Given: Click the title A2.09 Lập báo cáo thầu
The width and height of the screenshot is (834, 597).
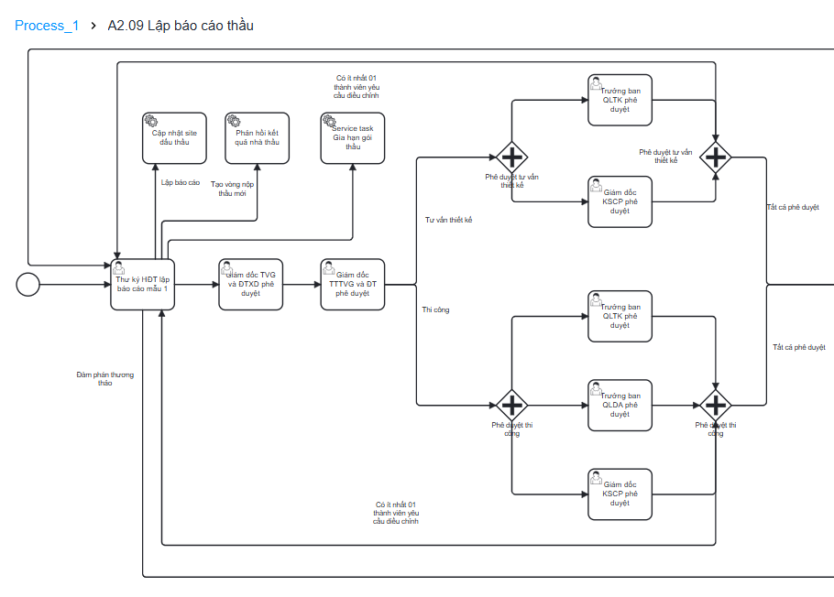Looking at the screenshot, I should coord(181,26).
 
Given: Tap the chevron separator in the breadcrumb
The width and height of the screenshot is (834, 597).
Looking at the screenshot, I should coord(93,26).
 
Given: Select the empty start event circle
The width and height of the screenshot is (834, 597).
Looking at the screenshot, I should coord(28,285).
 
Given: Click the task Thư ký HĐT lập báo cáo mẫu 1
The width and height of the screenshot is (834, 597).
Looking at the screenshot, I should coord(142,285).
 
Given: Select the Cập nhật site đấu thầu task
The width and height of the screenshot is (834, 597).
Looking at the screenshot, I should coord(174,138).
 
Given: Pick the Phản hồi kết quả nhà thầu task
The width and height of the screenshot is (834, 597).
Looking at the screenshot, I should coord(257,138).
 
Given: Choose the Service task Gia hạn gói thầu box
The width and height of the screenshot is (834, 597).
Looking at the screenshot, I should coord(352,138).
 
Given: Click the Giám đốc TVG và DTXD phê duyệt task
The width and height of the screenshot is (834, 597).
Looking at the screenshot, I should coord(250,285).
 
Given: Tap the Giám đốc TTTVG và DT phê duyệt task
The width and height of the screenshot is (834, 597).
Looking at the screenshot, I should coord(352,285).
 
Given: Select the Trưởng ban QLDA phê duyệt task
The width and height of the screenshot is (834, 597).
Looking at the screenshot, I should coord(620,406).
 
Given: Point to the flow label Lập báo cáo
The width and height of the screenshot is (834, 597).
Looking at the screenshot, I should coord(181,182).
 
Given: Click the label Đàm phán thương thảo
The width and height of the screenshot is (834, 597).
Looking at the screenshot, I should coord(105,379).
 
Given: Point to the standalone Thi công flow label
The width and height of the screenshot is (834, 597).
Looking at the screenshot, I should coord(435,309).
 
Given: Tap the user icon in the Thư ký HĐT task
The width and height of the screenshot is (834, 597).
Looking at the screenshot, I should coord(119,268).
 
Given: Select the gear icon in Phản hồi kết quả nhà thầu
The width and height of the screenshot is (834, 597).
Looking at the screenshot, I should coord(234,121).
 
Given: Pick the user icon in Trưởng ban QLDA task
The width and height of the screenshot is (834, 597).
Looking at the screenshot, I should coord(597,389).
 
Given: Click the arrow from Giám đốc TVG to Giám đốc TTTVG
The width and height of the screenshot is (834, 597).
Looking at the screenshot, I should coord(302,285).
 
